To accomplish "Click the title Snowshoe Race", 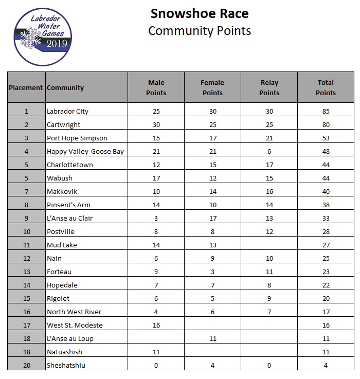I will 199,13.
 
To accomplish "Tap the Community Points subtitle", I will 199,30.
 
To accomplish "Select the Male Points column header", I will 156,87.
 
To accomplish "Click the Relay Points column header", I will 269,87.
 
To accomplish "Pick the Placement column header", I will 26,87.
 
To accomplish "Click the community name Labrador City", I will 67,111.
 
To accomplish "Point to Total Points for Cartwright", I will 325,124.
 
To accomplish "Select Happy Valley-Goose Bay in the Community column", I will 85,151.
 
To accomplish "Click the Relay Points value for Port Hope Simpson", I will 269,138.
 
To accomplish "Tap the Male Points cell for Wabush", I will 156,178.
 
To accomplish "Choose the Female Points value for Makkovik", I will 212,191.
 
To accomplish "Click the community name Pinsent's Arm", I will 68,205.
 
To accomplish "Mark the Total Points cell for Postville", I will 325,231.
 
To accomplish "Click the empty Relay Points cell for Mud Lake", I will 269,245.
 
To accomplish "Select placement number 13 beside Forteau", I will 26,272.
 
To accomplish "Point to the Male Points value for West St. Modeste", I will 156,325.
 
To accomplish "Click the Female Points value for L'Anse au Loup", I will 212,338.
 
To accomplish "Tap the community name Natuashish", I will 64,352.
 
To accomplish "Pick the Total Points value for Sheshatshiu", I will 325,365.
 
